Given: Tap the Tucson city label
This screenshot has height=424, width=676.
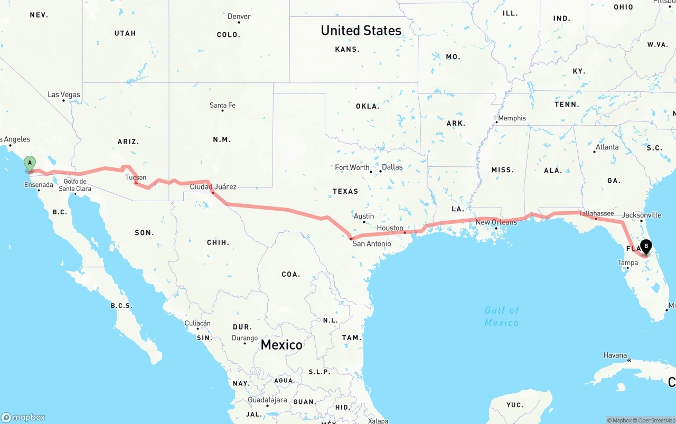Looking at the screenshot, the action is [136, 177].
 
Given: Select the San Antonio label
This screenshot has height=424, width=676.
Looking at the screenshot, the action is [372, 243].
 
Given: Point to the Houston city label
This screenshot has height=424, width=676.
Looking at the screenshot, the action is [390, 228].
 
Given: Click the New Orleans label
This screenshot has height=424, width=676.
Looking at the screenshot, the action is [496, 222].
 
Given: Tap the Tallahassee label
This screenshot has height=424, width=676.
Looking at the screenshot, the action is [596, 213].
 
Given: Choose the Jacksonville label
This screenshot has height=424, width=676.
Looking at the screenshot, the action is [641, 215].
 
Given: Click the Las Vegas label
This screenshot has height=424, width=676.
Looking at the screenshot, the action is [64, 95].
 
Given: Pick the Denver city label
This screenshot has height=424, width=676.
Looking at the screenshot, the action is [239, 16].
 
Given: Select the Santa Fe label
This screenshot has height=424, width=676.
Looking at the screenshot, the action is [222, 105].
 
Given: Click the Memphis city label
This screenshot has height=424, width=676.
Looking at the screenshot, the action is [512, 118].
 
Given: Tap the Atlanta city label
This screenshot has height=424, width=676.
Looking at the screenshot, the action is [607, 147].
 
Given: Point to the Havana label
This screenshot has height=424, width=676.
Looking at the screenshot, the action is [615, 355].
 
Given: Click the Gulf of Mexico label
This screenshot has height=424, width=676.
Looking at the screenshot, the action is [502, 316].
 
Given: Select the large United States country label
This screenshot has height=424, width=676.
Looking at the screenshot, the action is [361, 31].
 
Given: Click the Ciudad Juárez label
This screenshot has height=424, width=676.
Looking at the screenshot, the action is [213, 186].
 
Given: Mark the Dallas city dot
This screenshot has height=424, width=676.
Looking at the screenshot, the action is [380, 171].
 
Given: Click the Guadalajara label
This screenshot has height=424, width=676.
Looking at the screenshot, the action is [267, 400].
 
